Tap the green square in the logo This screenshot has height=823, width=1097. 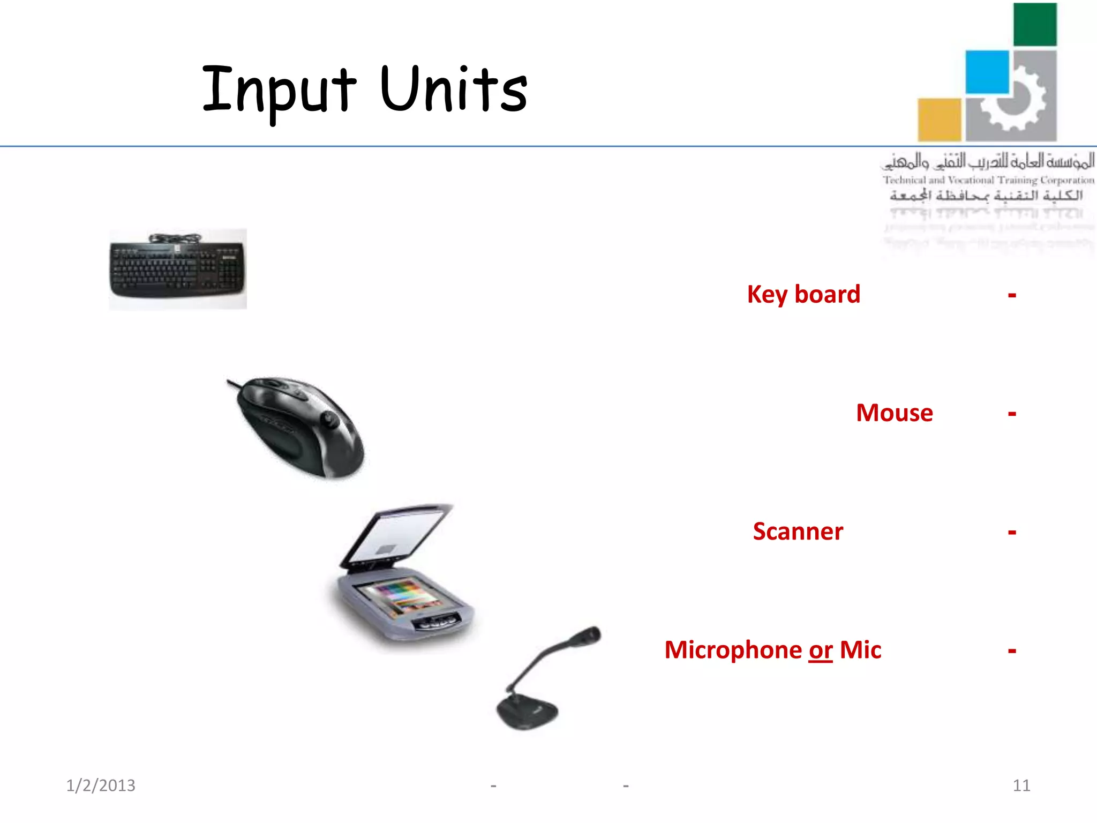pyautogui.click(x=1035, y=25)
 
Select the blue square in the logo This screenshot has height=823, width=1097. pyautogui.click(x=987, y=72)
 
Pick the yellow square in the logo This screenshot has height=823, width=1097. pyautogui.click(x=939, y=119)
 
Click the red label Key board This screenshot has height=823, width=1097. pyautogui.click(x=803, y=295)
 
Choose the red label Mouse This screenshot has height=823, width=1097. pyautogui.click(x=894, y=413)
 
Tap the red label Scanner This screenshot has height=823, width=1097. pyautogui.click(x=798, y=532)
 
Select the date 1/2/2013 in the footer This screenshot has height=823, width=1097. pyautogui.click(x=101, y=785)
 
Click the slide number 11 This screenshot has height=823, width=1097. pyautogui.click(x=1021, y=785)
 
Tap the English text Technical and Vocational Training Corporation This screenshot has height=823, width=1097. pyautogui.click(x=988, y=180)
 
